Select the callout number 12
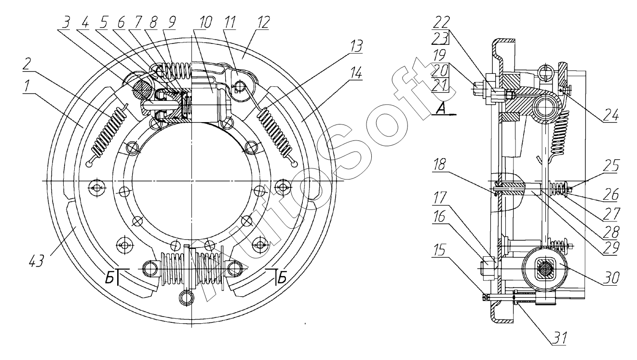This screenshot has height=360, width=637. pyautogui.click(x=263, y=22)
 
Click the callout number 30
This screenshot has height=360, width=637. pyautogui.click(x=611, y=278)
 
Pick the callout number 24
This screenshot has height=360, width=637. pyautogui.click(x=611, y=116)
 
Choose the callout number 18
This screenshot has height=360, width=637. pyautogui.click(x=440, y=164)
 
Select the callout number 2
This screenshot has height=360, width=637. pyautogui.click(x=27, y=64)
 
